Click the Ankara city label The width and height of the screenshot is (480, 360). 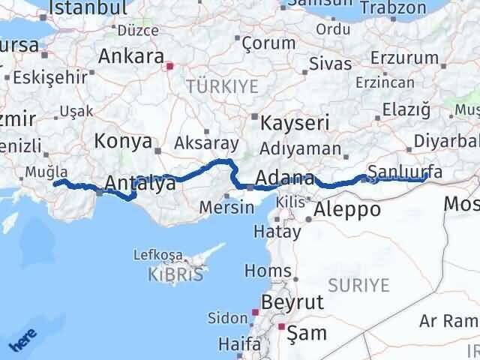[131, 57]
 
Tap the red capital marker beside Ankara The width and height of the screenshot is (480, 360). [170, 65]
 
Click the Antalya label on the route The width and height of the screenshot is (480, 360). [139, 183]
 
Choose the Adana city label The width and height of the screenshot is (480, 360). [285, 178]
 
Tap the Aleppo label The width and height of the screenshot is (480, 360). [348, 209]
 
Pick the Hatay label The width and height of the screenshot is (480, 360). [277, 231]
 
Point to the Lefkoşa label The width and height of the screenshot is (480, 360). [155, 256]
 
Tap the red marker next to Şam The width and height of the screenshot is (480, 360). [282, 327]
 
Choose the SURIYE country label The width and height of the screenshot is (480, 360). [358, 285]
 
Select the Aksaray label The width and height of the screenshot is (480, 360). [206, 142]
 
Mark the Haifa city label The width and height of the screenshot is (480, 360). [240, 344]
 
